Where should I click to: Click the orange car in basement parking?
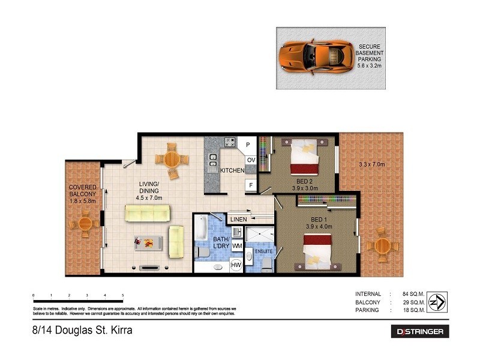coord(315,58)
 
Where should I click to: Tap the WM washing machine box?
coord(237,246)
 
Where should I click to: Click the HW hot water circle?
coord(237,265)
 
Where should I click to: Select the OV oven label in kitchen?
coord(251,160)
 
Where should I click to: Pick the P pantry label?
coord(248,144)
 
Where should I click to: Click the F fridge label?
coord(250,185)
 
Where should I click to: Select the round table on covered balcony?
coord(84,225)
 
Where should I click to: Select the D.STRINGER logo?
coord(419,331)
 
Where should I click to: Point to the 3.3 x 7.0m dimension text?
coord(371,164)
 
